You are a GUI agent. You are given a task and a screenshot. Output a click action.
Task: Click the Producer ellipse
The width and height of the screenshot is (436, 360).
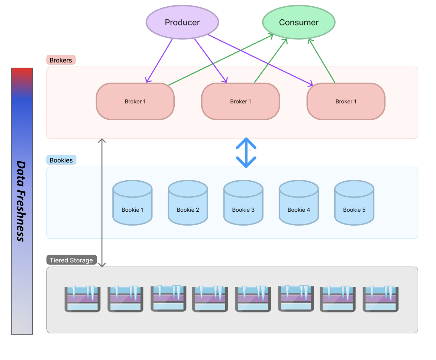pyautogui.click(x=182, y=22)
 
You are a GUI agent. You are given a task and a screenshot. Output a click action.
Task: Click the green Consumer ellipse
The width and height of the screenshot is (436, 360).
pyautogui.click(x=299, y=22)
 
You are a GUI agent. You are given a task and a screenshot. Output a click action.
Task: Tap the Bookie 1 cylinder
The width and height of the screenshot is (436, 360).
pyautogui.click(x=132, y=203)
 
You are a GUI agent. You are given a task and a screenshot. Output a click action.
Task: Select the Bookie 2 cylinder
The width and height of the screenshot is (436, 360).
pyautogui.click(x=188, y=203)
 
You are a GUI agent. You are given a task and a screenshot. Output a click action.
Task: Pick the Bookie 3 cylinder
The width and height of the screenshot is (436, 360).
pyautogui.click(x=243, y=203)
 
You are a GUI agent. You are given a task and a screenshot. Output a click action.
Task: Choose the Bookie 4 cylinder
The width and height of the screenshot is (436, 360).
pyautogui.click(x=299, y=203)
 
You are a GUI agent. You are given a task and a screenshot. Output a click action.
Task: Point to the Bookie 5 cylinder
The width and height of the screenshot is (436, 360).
pyautogui.click(x=354, y=203)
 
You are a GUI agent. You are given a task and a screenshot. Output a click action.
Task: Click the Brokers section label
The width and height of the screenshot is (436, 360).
pyautogui.click(x=61, y=60)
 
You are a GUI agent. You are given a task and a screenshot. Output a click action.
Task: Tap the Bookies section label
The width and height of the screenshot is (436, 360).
pyautogui.click(x=61, y=160)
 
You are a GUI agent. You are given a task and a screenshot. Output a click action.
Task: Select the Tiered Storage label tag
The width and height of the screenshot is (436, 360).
pyautogui.click(x=71, y=260)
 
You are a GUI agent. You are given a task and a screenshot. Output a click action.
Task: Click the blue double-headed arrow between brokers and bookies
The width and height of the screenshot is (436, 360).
pyautogui.click(x=246, y=153)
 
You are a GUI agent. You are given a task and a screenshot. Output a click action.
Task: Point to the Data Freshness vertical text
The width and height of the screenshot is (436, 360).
pyautogui.click(x=21, y=201)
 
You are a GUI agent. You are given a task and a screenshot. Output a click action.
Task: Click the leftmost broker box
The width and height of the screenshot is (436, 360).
pyautogui.click(x=135, y=101)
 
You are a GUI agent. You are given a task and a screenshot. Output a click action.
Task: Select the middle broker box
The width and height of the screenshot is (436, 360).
pyautogui.click(x=240, y=101)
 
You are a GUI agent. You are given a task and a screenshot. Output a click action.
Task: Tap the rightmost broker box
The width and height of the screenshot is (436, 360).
pyautogui.click(x=346, y=101)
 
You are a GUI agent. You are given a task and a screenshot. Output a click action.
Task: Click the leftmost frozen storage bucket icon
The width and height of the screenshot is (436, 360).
pyautogui.click(x=82, y=299)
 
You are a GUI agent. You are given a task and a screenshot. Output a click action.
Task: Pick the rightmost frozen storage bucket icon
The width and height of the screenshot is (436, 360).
pyautogui.click(x=380, y=299)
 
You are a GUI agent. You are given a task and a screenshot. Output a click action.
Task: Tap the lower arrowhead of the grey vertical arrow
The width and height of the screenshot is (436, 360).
pyautogui.click(x=102, y=265)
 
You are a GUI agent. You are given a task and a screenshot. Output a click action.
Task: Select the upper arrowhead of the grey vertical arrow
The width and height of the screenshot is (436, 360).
pyautogui.click(x=102, y=140)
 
